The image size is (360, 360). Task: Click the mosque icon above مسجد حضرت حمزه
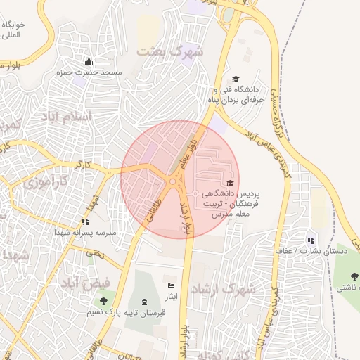[89, 61]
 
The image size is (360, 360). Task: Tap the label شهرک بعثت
[170, 51]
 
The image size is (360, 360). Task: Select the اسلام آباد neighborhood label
[67, 115]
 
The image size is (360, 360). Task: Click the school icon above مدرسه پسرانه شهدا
[86, 221]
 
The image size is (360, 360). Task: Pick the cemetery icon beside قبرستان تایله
[144, 302]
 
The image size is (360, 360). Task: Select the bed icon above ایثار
[171, 286]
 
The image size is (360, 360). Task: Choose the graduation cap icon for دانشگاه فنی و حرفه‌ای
[236, 79]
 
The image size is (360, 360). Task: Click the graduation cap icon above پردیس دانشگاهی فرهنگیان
[230, 184]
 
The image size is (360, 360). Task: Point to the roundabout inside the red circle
[173, 182]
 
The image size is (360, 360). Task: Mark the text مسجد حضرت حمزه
[91, 72]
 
